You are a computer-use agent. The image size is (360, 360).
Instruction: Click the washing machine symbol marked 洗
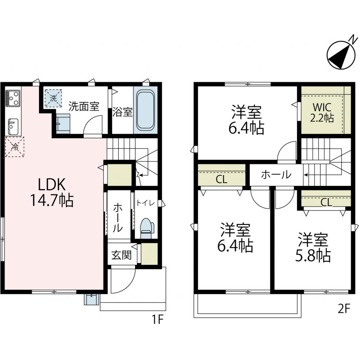[x=53, y=98]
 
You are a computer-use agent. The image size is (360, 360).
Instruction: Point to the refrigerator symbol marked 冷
[x=15, y=147]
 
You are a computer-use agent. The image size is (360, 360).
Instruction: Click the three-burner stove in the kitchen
[x=13, y=98]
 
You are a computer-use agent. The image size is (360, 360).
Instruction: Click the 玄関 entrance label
[x=121, y=255]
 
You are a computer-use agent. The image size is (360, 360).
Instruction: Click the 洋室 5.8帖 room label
[x=313, y=247]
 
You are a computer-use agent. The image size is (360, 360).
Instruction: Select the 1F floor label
[x=157, y=319]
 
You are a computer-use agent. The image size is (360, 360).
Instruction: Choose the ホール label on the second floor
[x=276, y=175]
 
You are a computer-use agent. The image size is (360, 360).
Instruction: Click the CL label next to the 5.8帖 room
[x=326, y=202]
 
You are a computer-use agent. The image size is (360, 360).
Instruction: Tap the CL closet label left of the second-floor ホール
[x=221, y=179]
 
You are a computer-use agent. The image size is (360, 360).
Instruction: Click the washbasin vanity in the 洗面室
[x=63, y=123]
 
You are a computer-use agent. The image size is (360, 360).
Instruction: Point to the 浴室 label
[x=122, y=112]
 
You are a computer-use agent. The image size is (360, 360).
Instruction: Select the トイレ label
[x=146, y=203]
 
